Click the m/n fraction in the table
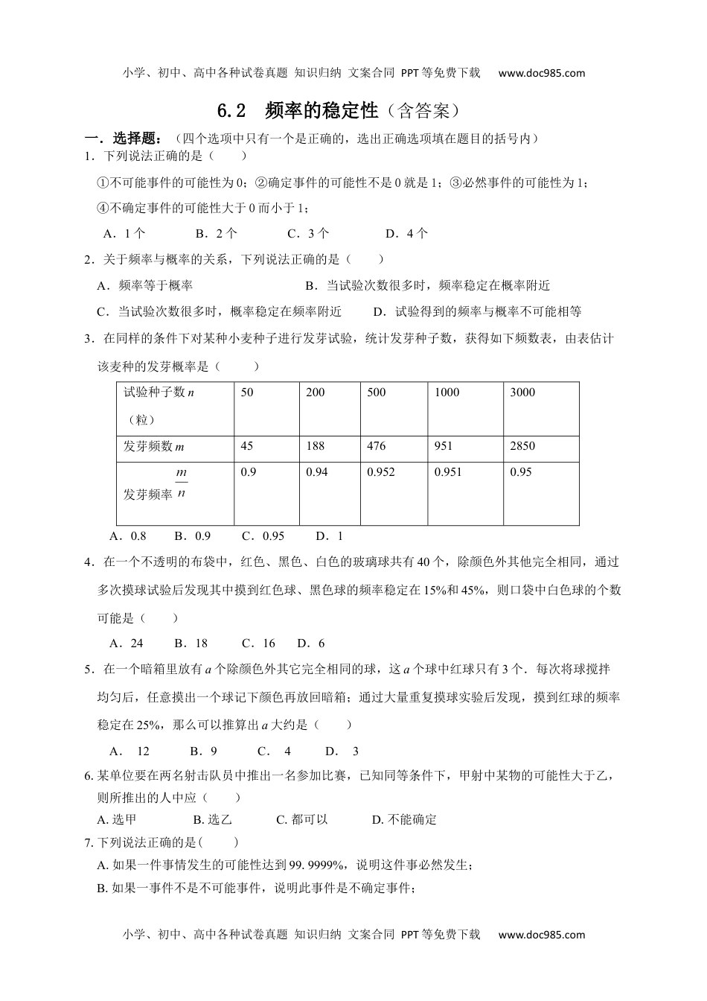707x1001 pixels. pyautogui.click(x=181, y=483)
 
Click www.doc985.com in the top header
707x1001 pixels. pyautogui.click(x=542, y=73)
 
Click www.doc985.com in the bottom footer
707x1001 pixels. pyautogui.click(x=542, y=935)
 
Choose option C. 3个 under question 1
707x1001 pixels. pyautogui.click(x=308, y=234)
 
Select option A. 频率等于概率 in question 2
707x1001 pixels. pyautogui.click(x=145, y=286)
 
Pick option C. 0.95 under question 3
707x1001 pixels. pyautogui.click(x=263, y=536)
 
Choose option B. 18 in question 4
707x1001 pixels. pyautogui.click(x=191, y=643)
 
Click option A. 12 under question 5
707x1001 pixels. pyautogui.click(x=129, y=751)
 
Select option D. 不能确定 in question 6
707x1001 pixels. pyautogui.click(x=404, y=820)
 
